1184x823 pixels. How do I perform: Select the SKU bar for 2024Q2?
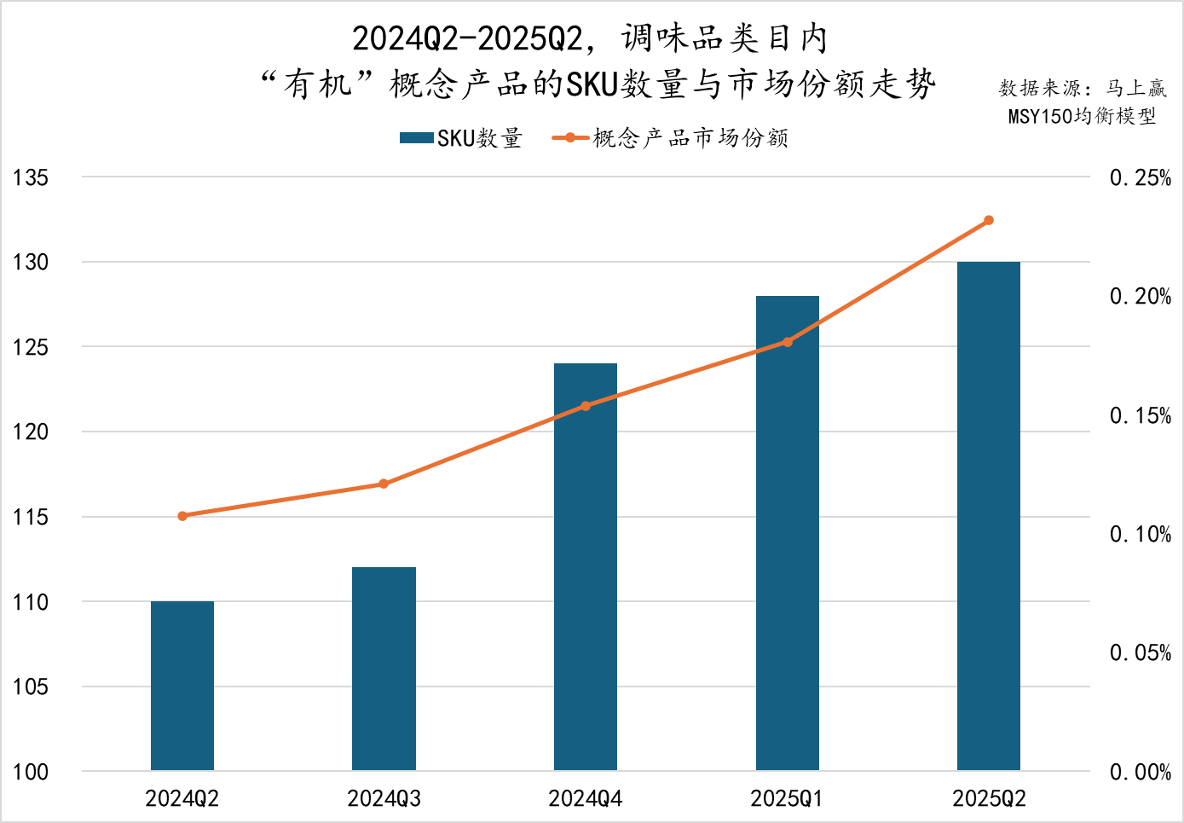[182, 686]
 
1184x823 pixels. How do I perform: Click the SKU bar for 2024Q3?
[384, 669]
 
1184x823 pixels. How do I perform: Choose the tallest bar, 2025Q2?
[989, 516]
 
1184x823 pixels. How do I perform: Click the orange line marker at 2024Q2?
[182, 516]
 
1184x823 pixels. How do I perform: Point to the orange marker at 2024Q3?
[384, 484]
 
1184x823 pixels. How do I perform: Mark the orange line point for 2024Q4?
[586, 406]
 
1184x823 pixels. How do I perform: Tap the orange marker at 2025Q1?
[788, 342]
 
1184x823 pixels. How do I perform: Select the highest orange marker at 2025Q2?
[989, 221]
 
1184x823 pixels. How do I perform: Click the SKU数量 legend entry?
[461, 138]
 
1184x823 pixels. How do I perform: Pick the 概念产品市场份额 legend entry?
[672, 138]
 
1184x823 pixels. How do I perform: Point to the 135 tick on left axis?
[31, 177]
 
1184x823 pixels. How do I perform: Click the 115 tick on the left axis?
[31, 517]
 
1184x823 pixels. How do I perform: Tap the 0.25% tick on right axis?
[1140, 178]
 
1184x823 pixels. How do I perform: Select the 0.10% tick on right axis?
[1140, 535]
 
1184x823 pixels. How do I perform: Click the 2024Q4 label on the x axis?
[586, 799]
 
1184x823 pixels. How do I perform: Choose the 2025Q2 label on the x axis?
[989, 799]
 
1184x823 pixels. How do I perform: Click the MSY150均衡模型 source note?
[1082, 116]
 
